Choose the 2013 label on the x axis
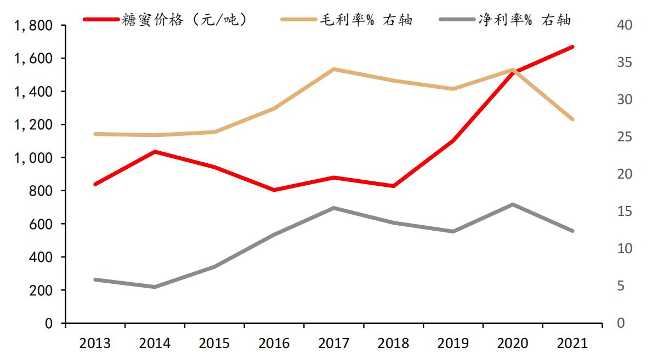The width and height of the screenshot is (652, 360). (95, 344)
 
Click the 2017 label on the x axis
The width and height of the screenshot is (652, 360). (333, 344)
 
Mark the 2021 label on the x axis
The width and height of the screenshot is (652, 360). (572, 344)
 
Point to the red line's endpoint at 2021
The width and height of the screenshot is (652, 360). (572, 47)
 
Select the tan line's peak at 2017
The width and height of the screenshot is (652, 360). (333, 69)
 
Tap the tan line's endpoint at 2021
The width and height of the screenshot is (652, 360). (572, 119)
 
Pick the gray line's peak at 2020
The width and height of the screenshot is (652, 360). (513, 204)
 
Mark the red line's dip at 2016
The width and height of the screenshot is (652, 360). (274, 190)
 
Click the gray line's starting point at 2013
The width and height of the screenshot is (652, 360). (95, 279)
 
